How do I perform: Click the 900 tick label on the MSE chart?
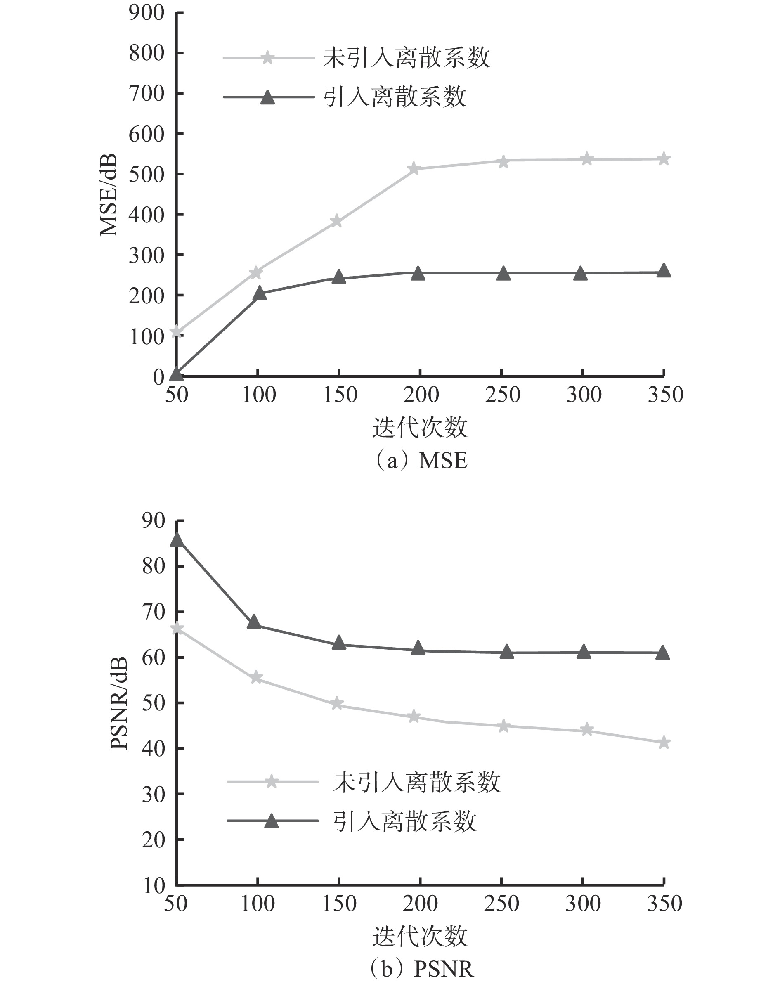[x=146, y=13]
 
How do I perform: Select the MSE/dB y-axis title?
[x=109, y=195]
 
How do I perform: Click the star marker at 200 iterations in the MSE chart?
[x=414, y=168]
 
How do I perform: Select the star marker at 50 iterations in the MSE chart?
[x=177, y=332]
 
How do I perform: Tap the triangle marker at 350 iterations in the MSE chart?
[x=664, y=270]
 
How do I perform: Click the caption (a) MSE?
[x=419, y=461]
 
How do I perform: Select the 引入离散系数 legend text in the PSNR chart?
[x=405, y=821]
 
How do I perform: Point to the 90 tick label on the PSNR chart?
[x=153, y=521]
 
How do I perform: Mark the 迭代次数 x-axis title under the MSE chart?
[x=419, y=428]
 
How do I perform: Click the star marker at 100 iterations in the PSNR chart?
[x=256, y=677]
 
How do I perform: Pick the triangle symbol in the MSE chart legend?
[x=267, y=97]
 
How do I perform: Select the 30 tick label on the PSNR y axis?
[x=153, y=794]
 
